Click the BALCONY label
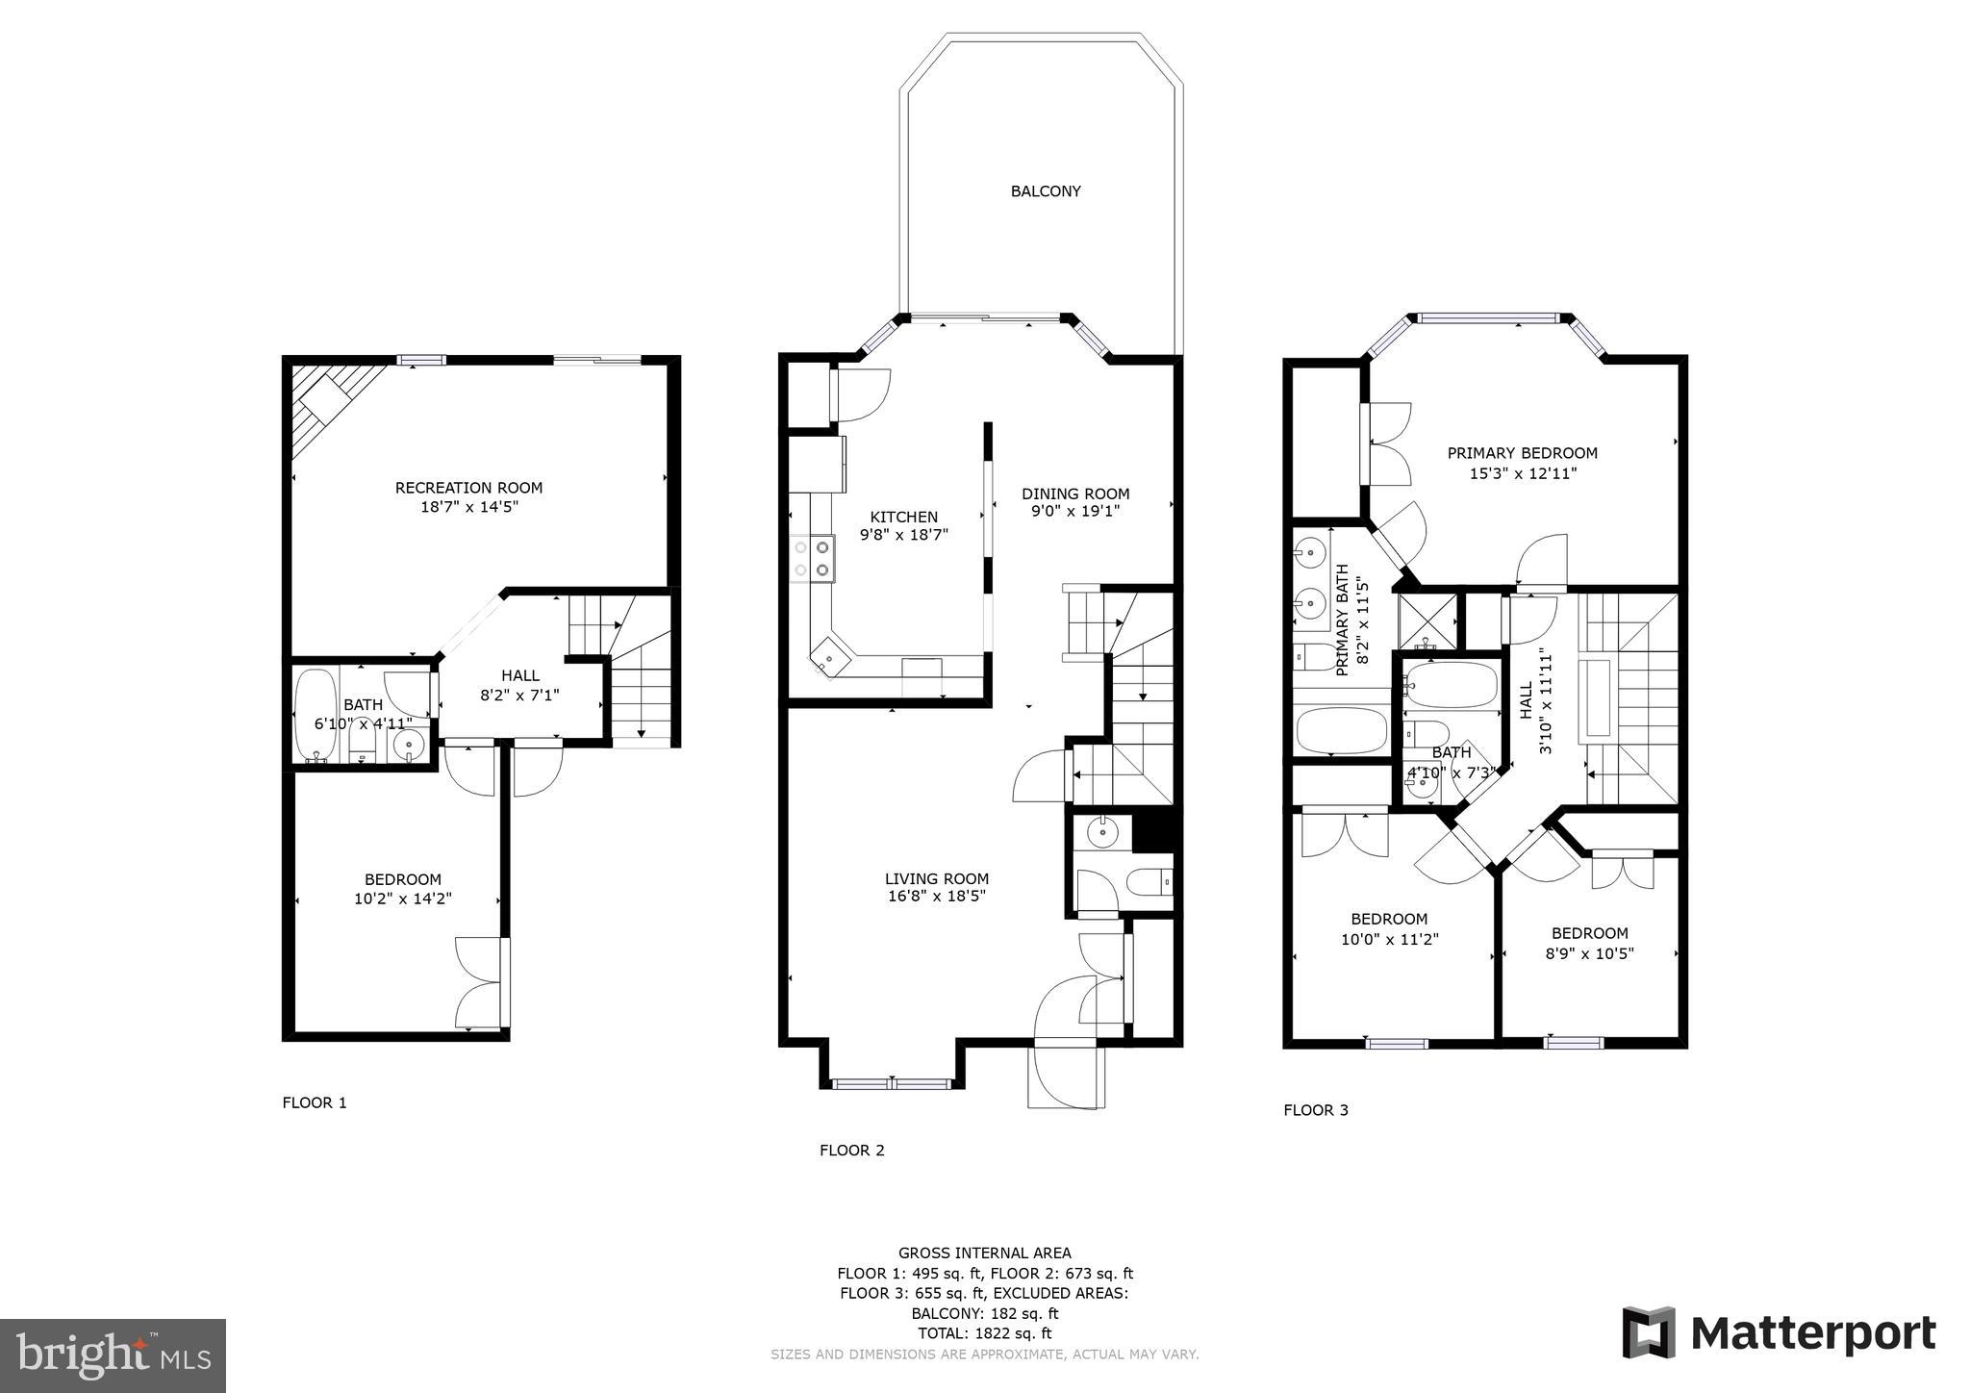(x=1045, y=191)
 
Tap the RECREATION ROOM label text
(x=468, y=488)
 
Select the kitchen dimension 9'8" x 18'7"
(x=903, y=535)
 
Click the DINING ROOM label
(x=1074, y=494)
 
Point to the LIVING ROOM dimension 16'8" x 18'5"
(x=936, y=897)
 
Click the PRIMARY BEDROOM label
(x=1522, y=453)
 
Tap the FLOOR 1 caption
(x=314, y=1102)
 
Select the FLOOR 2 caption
(x=851, y=1150)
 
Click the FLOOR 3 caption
(x=1315, y=1110)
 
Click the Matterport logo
(x=1779, y=1333)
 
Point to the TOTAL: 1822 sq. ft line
(x=984, y=1333)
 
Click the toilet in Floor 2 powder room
(x=1149, y=881)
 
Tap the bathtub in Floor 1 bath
(x=315, y=714)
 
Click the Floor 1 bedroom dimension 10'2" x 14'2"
(x=402, y=899)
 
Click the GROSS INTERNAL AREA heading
(x=984, y=1253)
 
